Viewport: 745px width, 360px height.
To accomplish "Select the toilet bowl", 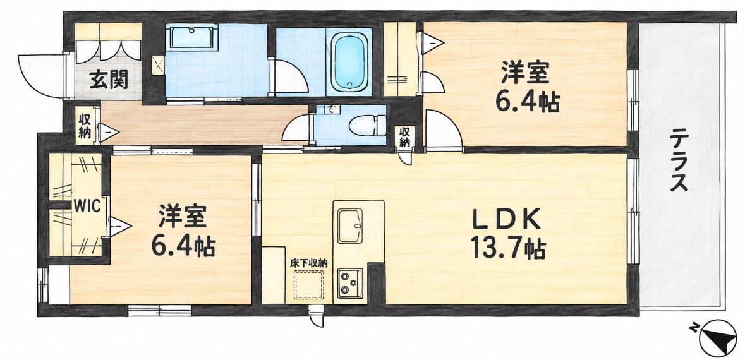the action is pyautogui.click(x=368, y=126).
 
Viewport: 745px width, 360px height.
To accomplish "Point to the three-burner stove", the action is pyautogui.click(x=350, y=283).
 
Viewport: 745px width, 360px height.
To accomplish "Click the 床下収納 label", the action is pyautogui.click(x=309, y=263).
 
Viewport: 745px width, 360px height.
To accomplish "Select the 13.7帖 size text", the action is pyautogui.click(x=507, y=248).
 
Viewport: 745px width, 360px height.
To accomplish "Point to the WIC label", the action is pyautogui.click(x=87, y=207).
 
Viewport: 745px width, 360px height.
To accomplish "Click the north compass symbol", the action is pyautogui.click(x=717, y=338).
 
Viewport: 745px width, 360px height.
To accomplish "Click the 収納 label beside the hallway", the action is pyautogui.click(x=84, y=126).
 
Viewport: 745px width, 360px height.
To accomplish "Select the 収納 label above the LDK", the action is pyautogui.click(x=404, y=136).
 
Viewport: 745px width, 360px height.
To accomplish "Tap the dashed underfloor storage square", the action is pyautogui.click(x=309, y=284).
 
